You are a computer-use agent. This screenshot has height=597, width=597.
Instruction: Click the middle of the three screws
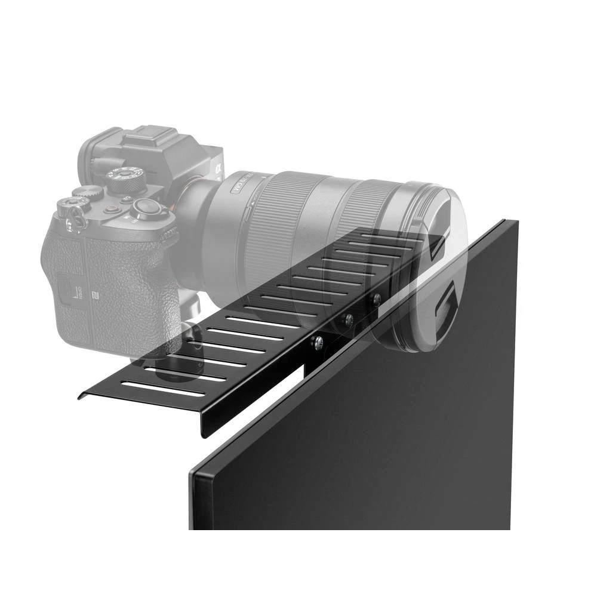(x=348, y=320)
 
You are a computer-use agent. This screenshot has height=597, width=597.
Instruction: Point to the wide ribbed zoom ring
(x=281, y=227)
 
